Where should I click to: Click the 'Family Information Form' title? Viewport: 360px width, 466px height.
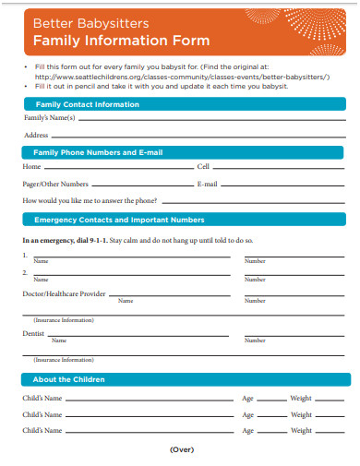click(122, 41)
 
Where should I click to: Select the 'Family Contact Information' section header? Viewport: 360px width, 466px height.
click(87, 104)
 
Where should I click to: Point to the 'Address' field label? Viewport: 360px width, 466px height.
click(36, 135)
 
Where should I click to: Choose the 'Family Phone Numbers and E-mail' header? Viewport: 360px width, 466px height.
click(98, 151)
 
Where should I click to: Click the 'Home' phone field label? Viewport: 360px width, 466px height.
click(32, 167)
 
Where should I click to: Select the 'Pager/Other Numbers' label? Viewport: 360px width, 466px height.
click(55, 184)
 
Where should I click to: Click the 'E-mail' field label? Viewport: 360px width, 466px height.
click(208, 184)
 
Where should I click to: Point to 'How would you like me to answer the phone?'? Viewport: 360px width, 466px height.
click(90, 200)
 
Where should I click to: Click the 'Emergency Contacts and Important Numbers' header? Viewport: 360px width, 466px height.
click(119, 220)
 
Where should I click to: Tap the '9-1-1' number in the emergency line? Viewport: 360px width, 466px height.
click(96, 240)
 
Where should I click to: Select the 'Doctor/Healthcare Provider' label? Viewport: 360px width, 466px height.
click(64, 293)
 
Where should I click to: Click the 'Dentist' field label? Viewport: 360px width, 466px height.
click(33, 332)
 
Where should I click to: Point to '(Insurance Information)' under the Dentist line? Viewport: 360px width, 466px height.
click(64, 359)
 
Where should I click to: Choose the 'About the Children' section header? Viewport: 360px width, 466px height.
click(69, 379)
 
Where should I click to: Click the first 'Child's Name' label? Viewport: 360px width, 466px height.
click(42, 398)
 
